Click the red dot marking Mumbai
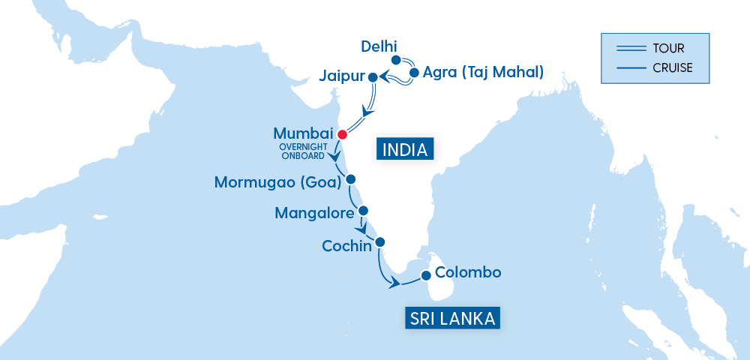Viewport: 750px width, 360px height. (x=342, y=134)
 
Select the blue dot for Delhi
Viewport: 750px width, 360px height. (x=396, y=59)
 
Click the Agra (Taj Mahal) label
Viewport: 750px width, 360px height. (x=483, y=73)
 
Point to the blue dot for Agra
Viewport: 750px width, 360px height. (x=413, y=73)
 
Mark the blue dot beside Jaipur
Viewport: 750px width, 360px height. (x=373, y=77)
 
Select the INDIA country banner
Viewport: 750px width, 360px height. (x=405, y=149)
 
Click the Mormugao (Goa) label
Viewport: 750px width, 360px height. (x=277, y=182)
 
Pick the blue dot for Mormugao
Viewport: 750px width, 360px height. (x=350, y=179)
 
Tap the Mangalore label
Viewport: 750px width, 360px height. (x=314, y=214)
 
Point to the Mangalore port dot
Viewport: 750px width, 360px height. (x=364, y=210)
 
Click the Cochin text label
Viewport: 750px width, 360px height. (x=346, y=245)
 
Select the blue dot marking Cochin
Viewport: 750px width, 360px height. (x=379, y=241)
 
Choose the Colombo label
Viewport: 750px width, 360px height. (x=467, y=272)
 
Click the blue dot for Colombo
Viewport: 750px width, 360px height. (x=426, y=275)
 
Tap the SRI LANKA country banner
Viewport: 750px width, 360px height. (x=452, y=319)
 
